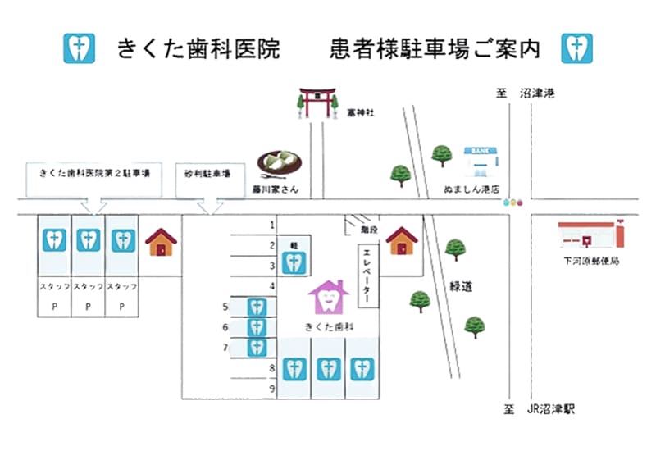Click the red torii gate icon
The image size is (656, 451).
316,102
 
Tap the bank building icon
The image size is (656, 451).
480,162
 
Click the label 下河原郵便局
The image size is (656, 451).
585,262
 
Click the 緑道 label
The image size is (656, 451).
461,286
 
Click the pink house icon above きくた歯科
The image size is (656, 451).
328,297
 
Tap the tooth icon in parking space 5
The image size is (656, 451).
257,307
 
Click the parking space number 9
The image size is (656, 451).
271,389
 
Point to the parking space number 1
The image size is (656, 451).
271,224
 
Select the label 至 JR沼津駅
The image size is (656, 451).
540,408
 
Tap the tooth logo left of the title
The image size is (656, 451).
80,48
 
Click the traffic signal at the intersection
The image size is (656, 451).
514,202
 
